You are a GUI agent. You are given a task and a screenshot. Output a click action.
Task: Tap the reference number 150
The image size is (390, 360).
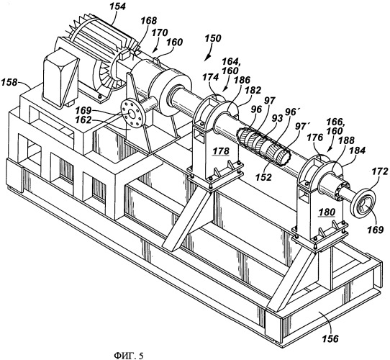[x=213, y=39]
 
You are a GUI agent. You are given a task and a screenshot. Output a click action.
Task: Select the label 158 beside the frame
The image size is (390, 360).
[x=9, y=82]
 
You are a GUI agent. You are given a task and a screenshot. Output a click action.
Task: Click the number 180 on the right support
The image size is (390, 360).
[x=327, y=212]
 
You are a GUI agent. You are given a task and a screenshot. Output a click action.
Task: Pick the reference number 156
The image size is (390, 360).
[x=330, y=338]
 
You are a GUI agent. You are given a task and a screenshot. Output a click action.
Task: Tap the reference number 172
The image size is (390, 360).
[x=380, y=171]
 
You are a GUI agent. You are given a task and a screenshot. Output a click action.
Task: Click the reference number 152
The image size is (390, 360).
[x=264, y=177]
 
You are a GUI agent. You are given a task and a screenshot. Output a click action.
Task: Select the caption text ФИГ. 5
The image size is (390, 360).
[x=129, y=355]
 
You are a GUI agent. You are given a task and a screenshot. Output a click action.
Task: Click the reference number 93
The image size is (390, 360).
[x=277, y=119]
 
